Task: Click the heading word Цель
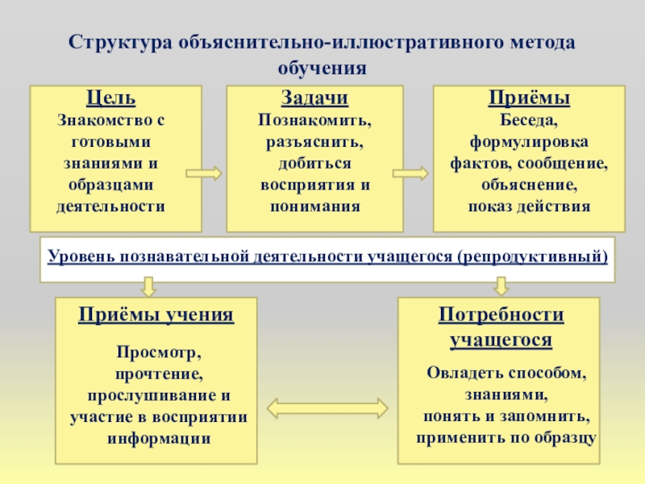(110, 98)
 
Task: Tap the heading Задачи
(314, 98)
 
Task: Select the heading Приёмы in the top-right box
(529, 98)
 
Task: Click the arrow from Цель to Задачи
(203, 173)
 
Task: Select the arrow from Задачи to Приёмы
(410, 173)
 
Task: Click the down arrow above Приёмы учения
(148, 286)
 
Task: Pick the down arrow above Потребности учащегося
(501, 286)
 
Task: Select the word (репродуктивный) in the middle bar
(532, 257)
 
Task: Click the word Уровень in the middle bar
(81, 257)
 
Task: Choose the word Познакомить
(314, 121)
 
